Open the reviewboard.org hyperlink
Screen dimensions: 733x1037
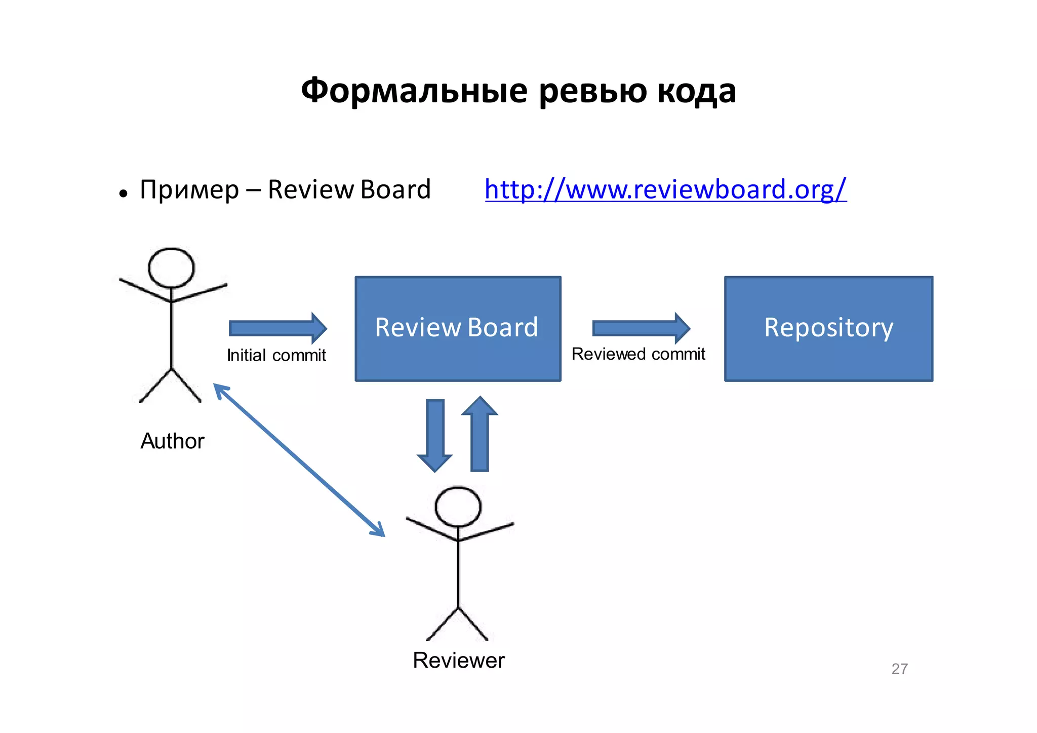coord(665,190)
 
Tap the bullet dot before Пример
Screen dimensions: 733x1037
coord(123,194)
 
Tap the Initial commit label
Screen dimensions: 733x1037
coord(276,356)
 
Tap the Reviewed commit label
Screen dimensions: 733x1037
coord(638,354)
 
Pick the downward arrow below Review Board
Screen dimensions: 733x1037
coord(435,436)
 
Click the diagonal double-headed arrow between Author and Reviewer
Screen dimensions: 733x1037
coord(299,460)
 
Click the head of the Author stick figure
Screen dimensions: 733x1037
coord(171,268)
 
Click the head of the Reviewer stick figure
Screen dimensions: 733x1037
coord(458,507)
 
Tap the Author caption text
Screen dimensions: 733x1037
coord(172,441)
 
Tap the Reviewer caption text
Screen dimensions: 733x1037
coord(459,661)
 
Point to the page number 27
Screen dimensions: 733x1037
coord(899,669)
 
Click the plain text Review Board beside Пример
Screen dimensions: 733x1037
coord(349,190)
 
